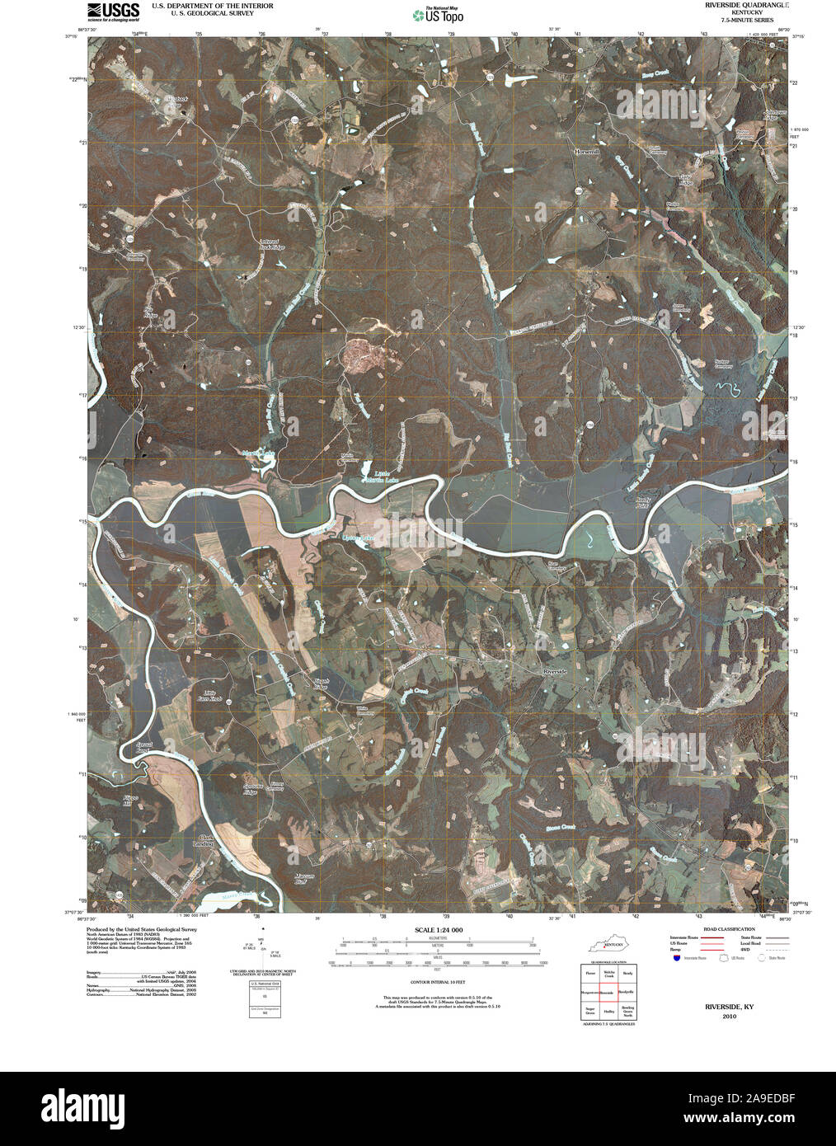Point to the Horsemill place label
point(589,153)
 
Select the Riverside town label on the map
point(555,673)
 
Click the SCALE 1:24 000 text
point(439,930)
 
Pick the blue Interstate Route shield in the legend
point(676,959)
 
